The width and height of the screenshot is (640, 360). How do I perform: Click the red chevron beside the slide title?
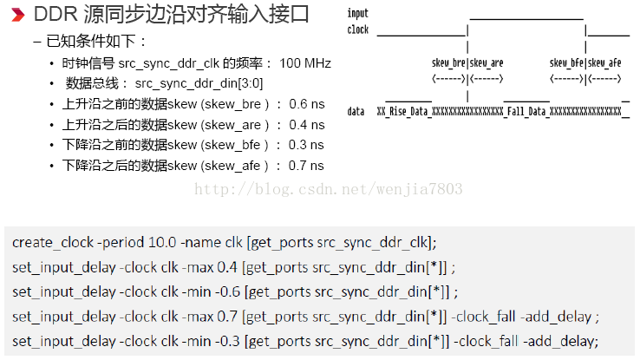(x=16, y=15)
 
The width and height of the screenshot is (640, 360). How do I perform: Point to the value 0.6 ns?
(x=307, y=103)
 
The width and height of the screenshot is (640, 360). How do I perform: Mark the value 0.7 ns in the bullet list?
(x=307, y=166)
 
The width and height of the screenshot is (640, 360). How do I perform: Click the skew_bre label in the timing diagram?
(x=448, y=63)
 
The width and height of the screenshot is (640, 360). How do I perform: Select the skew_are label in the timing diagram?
(x=487, y=63)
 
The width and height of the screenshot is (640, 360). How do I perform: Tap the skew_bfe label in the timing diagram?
(x=567, y=63)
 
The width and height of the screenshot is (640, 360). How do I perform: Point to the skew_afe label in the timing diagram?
(x=605, y=63)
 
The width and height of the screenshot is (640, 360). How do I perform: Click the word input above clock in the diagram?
(x=357, y=14)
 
